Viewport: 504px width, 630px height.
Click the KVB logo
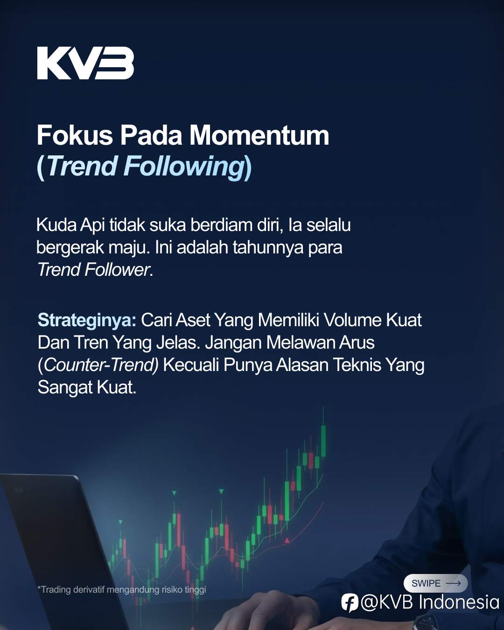tap(85, 63)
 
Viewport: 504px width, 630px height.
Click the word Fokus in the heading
tap(75, 135)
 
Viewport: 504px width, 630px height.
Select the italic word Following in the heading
tap(183, 167)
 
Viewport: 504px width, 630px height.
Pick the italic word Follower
tap(117, 270)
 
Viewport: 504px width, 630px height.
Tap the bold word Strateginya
tap(87, 320)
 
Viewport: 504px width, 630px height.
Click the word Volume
tap(353, 320)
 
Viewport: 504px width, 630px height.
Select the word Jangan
tap(233, 343)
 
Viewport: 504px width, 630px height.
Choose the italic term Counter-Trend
tap(101, 365)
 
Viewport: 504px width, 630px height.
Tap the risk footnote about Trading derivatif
tap(122, 589)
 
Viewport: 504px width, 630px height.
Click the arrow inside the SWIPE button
tap(453, 583)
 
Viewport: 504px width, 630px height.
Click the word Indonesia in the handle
tap(458, 602)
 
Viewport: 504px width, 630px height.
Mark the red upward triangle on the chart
tap(287, 540)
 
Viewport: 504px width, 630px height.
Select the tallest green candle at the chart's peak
tap(323, 441)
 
